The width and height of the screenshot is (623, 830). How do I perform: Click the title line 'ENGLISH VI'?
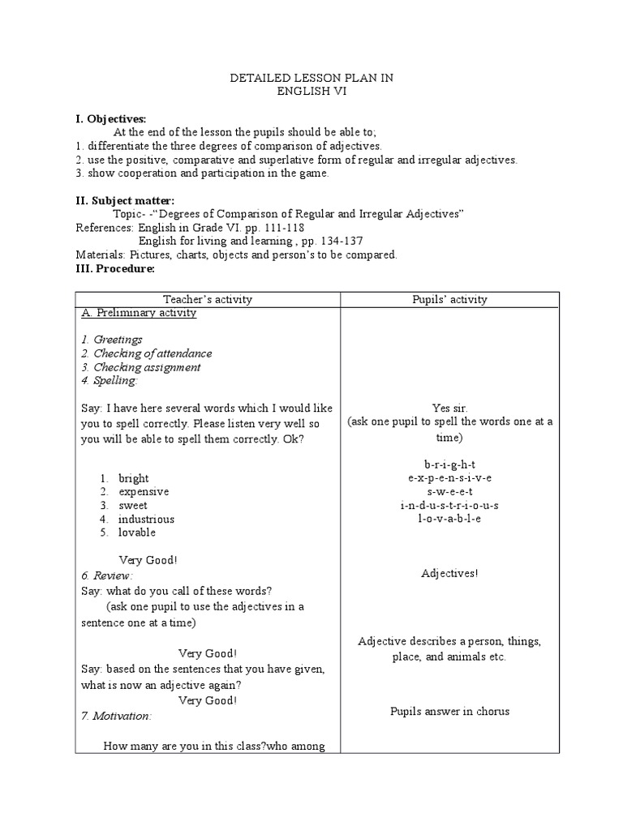[311, 92]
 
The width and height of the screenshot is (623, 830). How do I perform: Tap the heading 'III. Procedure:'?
[114, 268]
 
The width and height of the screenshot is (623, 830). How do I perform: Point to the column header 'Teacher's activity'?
[208, 299]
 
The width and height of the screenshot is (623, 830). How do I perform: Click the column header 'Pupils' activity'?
[449, 299]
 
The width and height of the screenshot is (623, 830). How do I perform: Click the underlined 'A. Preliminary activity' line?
[139, 313]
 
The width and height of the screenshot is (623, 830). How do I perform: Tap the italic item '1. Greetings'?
[112, 340]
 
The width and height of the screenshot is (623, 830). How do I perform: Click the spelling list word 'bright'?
[134, 478]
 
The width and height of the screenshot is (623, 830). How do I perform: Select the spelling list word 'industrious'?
[146, 519]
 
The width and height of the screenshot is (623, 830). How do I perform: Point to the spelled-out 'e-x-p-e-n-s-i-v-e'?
[449, 478]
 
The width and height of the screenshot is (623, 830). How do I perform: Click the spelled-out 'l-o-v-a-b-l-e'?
[449, 518]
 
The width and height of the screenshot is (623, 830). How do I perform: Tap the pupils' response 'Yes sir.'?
[449, 409]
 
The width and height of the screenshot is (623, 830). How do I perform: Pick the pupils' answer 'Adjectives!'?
[449, 574]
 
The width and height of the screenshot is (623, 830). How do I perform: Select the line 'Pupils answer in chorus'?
[449, 712]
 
